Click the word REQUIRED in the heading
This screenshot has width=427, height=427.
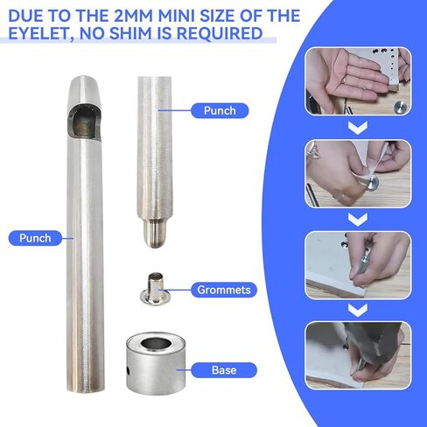click(220, 33)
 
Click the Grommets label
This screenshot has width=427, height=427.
click(224, 290)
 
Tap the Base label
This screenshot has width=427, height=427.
click(224, 370)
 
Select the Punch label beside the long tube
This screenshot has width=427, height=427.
click(35, 238)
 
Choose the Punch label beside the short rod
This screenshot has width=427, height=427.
click(220, 110)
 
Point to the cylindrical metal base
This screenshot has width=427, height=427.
click(156, 363)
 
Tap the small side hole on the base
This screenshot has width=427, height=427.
click(129, 370)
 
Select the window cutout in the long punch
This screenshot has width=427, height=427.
click(84, 122)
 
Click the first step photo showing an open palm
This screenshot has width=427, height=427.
click(358, 80)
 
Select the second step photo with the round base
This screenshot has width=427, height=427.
click(358, 174)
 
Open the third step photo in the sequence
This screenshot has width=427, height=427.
click(358, 265)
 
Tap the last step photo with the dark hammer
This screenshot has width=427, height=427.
click(358, 355)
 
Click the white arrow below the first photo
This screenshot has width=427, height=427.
click(358, 128)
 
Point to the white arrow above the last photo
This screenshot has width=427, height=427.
click(358, 311)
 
